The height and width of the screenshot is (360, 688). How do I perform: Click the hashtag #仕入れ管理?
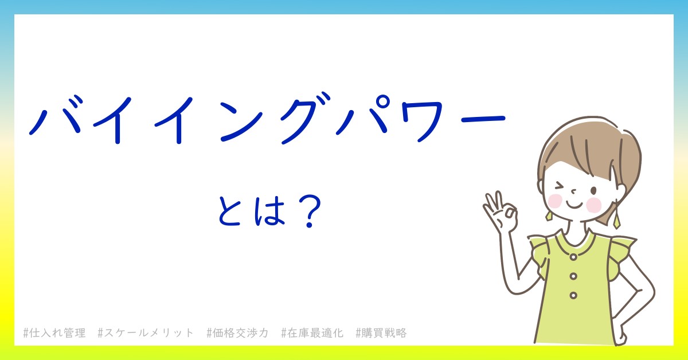pos(54,333)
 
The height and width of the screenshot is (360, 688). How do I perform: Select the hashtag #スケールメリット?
pos(146,333)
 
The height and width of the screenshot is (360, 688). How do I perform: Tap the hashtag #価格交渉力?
pos(238,333)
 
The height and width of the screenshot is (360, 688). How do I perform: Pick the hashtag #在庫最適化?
pos(312,333)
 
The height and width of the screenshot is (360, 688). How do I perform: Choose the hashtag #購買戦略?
pos(381,333)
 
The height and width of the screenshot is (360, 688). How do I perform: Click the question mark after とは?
pos(310,212)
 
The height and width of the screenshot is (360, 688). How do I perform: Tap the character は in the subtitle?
pos(269,212)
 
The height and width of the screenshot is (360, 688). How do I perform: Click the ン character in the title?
pos(241,122)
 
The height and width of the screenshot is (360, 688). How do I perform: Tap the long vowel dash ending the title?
pos(483,119)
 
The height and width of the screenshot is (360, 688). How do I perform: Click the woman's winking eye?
pos(560,186)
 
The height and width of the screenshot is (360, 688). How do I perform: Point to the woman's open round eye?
pos(594,191)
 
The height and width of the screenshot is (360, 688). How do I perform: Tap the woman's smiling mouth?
pos(574,205)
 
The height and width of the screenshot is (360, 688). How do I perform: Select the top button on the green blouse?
pos(573,257)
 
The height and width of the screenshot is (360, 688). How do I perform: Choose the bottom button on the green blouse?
pos(573,295)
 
